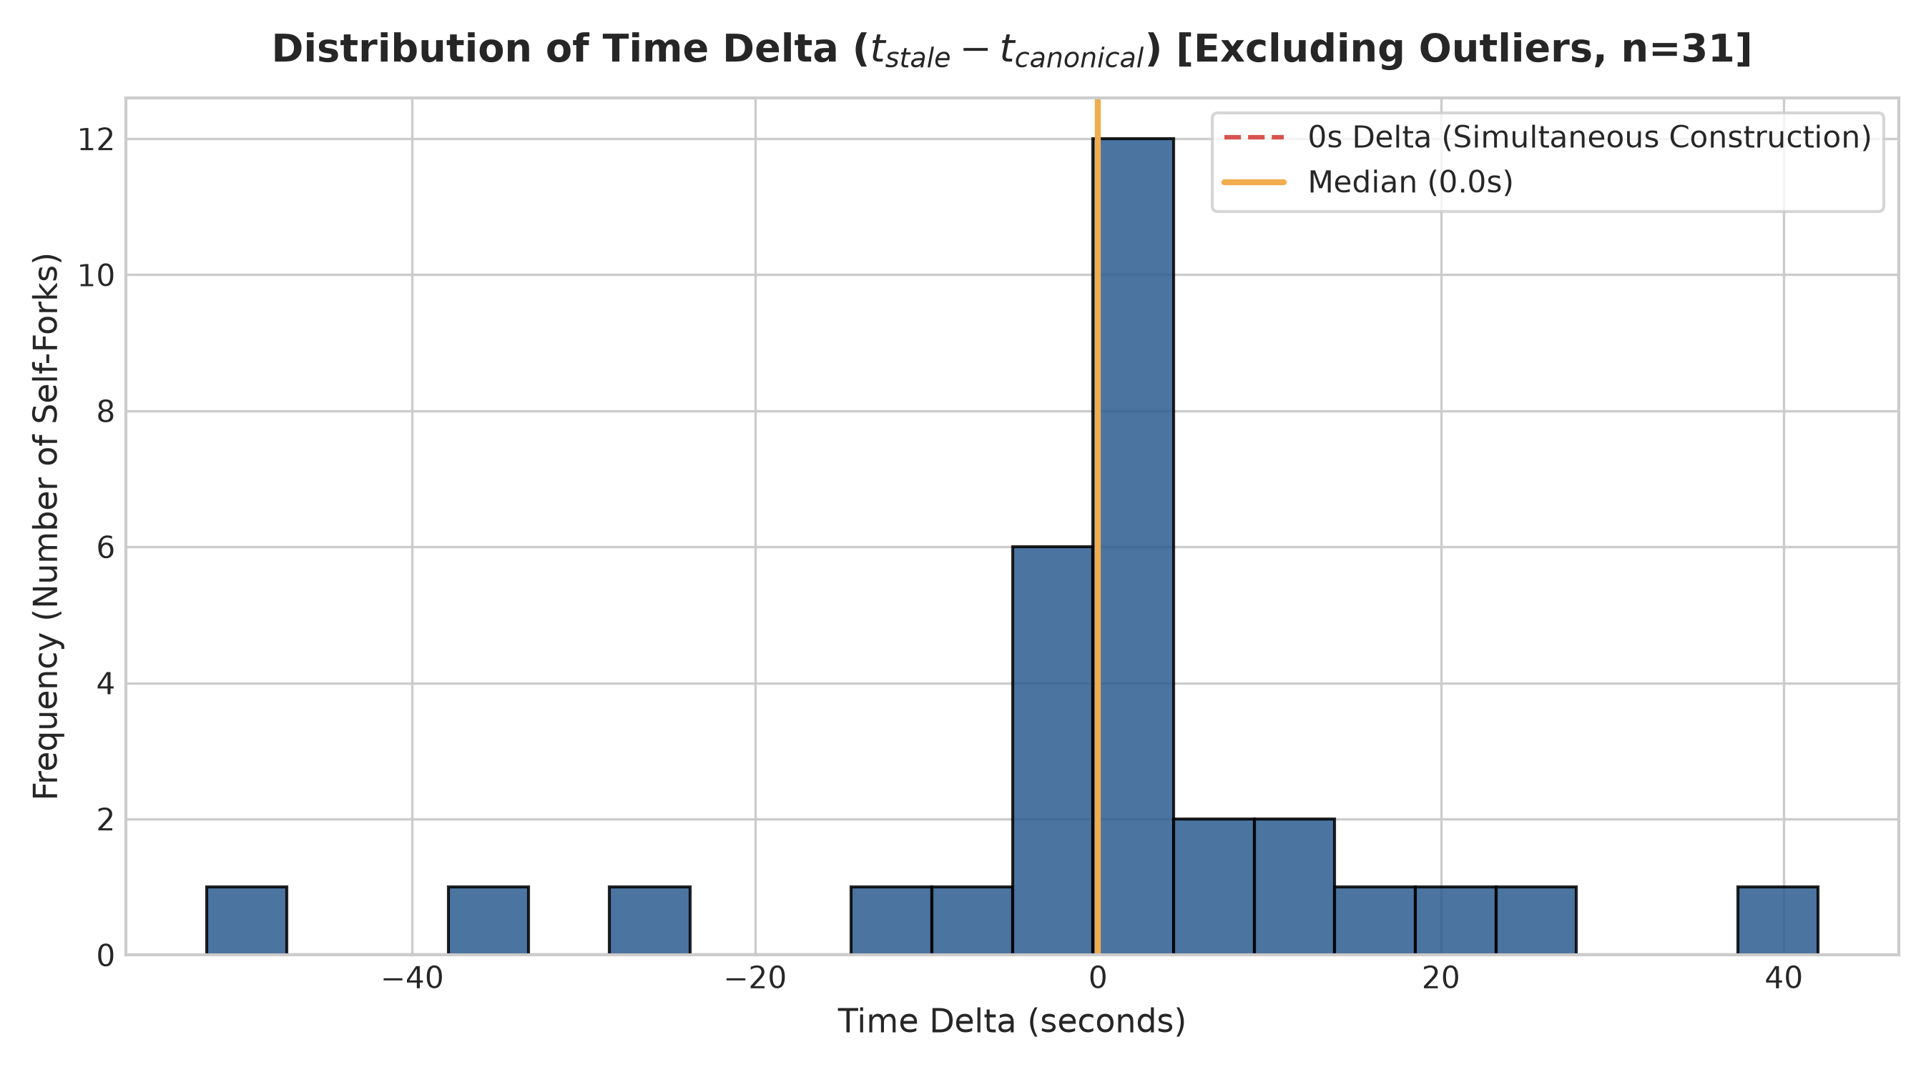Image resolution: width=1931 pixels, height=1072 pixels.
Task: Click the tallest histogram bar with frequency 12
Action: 1134,546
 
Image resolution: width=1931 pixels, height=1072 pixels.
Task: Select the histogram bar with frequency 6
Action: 1053,750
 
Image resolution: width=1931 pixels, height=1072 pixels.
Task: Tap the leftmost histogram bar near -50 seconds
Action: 247,920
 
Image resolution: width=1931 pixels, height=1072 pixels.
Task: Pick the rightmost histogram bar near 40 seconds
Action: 1777,920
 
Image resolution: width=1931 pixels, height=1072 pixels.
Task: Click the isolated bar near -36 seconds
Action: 488,920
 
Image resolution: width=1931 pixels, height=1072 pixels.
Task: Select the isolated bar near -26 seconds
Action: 649,920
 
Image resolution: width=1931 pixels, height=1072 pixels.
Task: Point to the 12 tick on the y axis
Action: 96,139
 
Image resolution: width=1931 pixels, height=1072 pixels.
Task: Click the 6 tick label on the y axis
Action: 106,547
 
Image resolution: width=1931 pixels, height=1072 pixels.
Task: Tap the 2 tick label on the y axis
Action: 106,820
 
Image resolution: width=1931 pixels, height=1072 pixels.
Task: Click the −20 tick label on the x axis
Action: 754,978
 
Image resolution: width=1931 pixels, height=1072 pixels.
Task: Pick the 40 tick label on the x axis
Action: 1784,978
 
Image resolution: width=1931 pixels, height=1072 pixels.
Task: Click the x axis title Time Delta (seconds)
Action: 1011,1022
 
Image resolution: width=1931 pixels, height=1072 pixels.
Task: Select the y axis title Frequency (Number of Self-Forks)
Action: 46,526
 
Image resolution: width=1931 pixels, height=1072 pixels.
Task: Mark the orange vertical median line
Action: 1097,526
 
